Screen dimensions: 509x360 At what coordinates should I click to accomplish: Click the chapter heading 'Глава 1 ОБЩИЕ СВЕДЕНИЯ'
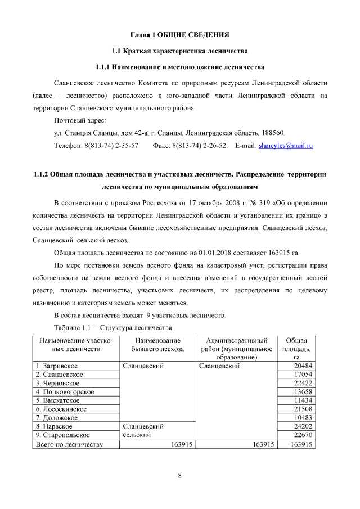179,35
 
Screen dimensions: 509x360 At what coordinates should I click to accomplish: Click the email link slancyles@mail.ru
285,146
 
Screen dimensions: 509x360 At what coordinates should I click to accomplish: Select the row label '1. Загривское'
57,366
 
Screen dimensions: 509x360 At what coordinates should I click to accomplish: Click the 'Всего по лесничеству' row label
69,444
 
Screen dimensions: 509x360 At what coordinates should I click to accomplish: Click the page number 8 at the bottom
179,476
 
